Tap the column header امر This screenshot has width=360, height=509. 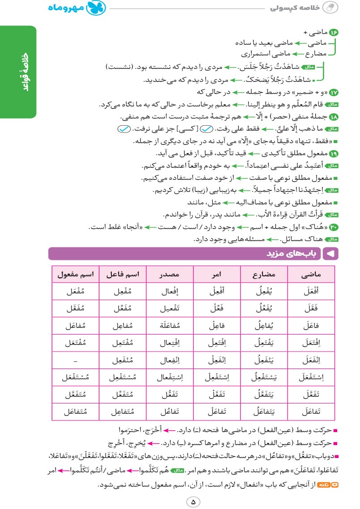[x=217, y=274]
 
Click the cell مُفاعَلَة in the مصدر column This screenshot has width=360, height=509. [x=170, y=326]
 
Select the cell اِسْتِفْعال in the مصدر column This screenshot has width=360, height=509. [x=170, y=378]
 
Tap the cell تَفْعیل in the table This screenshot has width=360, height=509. [x=170, y=309]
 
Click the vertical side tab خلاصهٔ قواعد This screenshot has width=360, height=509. [x=18, y=72]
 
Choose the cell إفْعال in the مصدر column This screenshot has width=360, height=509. [x=170, y=291]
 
